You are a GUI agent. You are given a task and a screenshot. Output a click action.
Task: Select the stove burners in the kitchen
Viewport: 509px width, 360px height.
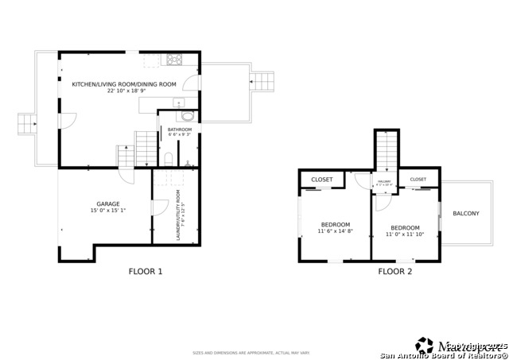(173, 58)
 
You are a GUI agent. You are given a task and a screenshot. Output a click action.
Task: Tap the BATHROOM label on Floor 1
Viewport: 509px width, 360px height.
(179, 129)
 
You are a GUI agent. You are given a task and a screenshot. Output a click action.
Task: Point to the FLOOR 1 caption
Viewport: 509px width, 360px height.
(146, 272)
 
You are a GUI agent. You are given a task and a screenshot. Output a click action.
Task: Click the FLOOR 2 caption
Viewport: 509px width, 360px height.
(394, 272)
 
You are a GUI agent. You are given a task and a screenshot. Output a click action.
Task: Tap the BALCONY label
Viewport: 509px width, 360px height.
(465, 214)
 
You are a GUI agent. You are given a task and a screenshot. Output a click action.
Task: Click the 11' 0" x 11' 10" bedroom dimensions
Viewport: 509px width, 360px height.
(404, 234)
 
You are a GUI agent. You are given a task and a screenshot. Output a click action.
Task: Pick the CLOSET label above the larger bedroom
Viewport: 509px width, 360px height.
(322, 180)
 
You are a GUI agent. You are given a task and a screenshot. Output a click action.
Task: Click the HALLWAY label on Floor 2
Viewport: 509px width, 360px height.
(385, 182)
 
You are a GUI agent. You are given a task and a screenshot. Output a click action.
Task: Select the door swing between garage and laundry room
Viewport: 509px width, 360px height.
(157, 207)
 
